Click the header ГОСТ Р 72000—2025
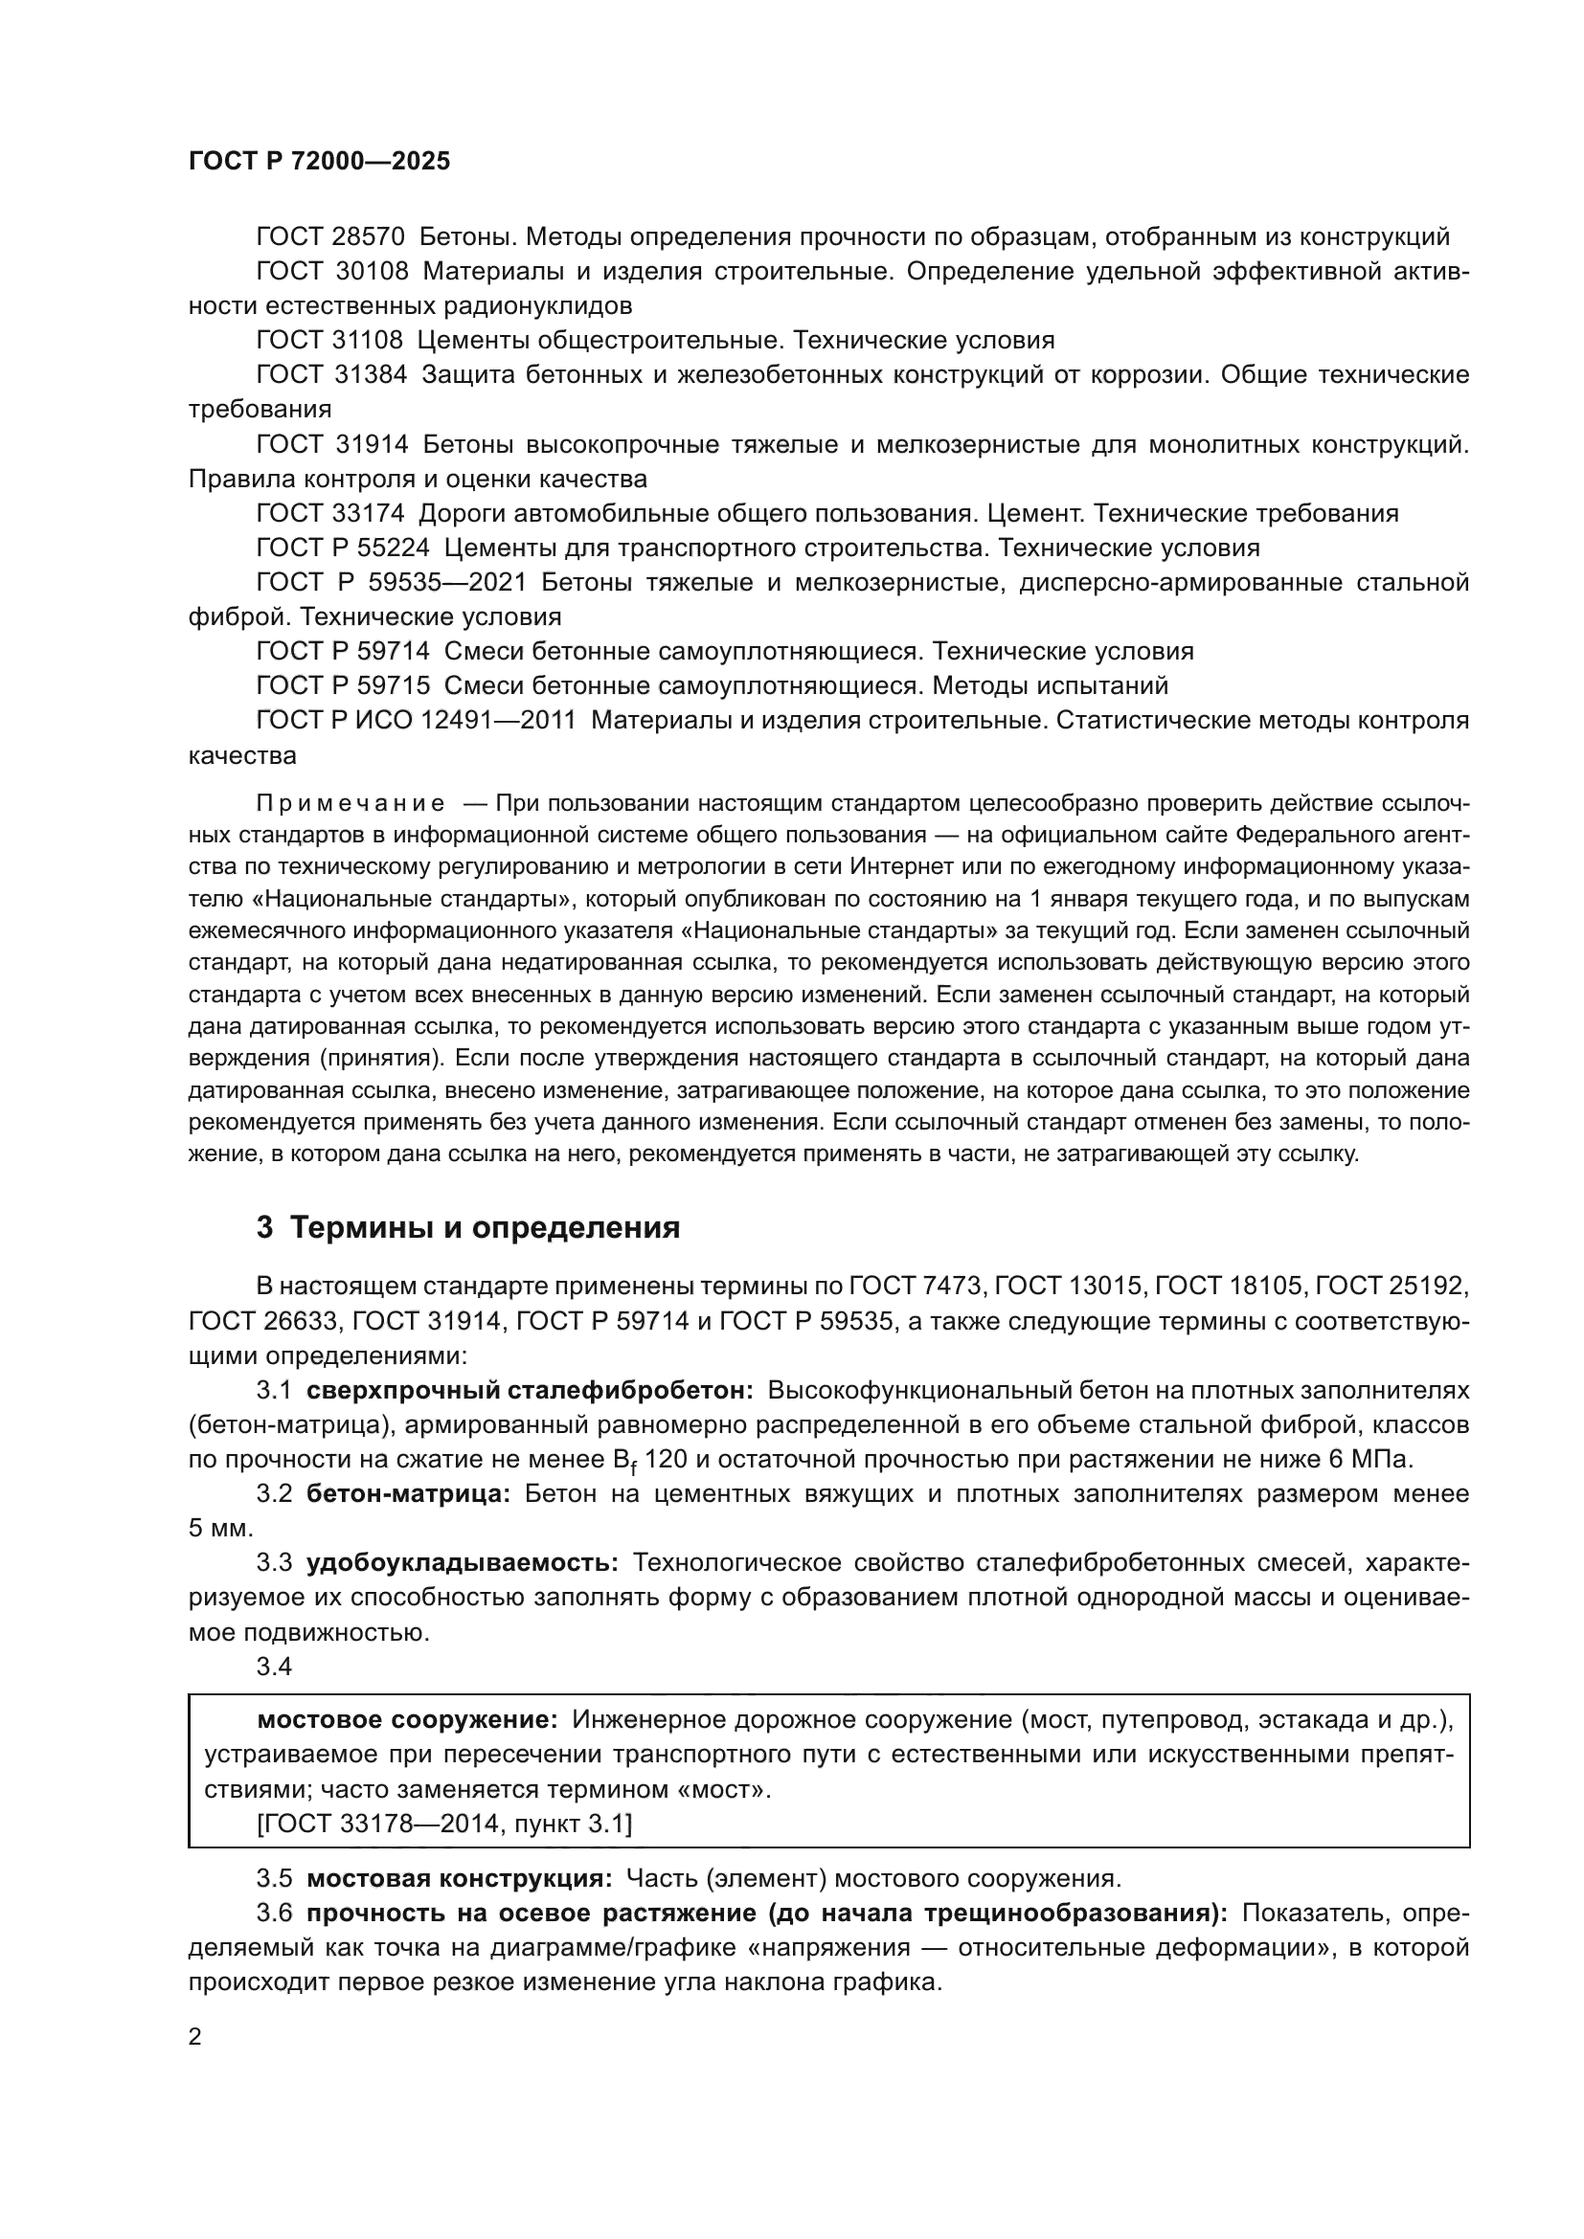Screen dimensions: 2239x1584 point(319,161)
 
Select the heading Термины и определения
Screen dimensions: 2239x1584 point(485,1228)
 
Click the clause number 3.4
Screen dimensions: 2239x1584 point(274,1667)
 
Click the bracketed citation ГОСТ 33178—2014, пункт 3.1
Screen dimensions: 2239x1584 point(443,1823)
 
